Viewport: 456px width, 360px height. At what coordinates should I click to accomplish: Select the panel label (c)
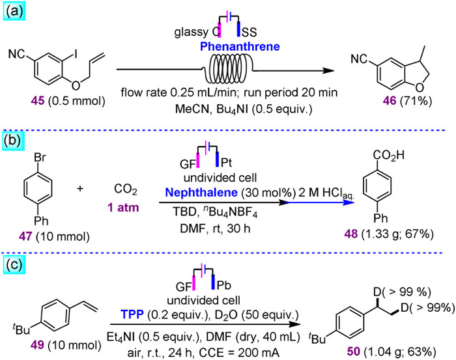click(x=15, y=247)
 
